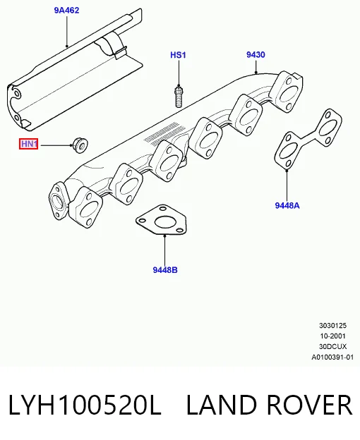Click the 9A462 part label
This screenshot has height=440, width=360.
pos(66,11)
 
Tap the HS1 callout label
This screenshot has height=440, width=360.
pos(178,55)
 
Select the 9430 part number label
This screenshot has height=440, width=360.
pos(256,54)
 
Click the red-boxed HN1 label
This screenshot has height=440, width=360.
pos(29,144)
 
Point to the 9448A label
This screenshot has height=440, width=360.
pos(287,205)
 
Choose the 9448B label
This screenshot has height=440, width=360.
pos(165,269)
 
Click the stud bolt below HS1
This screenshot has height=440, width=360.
pos(179,97)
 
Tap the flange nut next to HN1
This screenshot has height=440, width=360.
pos(80,145)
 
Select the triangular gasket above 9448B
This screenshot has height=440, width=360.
pos(162,219)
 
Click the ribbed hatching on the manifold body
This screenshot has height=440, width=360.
pos(161,134)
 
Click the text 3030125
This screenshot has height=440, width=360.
pos(332,326)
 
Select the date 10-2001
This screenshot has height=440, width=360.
pos(332,336)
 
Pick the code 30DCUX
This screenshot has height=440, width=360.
pos(332,346)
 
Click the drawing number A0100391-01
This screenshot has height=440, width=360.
pos(332,357)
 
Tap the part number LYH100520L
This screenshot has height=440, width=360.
pos(85,405)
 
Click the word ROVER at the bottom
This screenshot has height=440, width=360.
pos(309,405)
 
